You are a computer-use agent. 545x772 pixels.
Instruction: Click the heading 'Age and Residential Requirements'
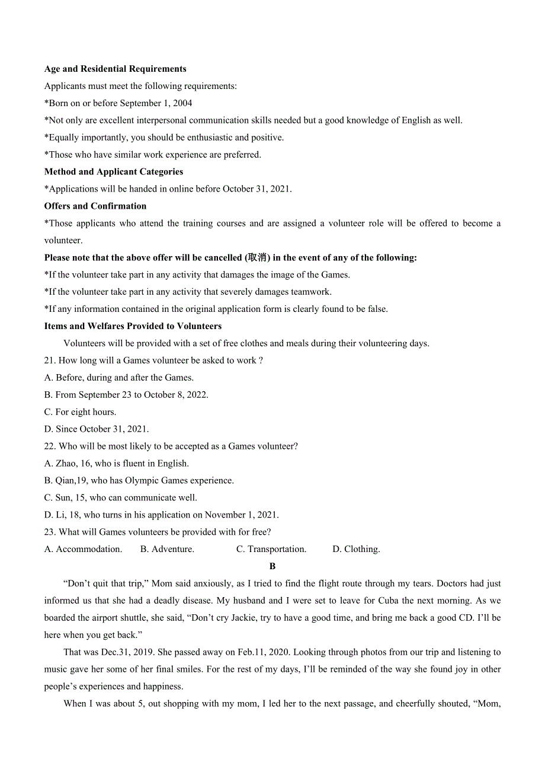tap(115, 69)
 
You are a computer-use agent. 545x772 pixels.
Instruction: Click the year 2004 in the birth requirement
tap(182, 103)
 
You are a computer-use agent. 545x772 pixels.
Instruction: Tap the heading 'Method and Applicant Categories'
tap(114, 172)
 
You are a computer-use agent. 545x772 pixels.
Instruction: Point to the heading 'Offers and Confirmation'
tap(95, 206)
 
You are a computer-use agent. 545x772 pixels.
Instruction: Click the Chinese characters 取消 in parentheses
tap(257, 258)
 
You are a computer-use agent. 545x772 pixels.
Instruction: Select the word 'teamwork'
tap(313, 292)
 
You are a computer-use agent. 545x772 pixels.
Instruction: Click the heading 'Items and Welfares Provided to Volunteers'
tap(133, 326)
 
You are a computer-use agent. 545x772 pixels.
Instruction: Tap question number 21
tap(50, 361)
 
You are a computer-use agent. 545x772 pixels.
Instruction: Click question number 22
tap(50, 446)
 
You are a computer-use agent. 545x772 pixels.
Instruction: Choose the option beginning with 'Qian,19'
tap(139, 481)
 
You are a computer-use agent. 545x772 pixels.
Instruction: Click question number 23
tap(50, 532)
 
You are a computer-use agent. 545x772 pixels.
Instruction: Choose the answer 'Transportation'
tap(276, 550)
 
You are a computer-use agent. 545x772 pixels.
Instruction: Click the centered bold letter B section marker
tap(272, 566)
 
